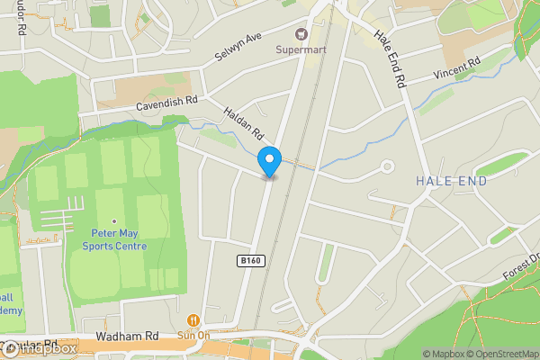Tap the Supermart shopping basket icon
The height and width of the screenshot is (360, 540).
click(301, 34)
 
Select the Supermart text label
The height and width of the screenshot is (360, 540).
click(301, 49)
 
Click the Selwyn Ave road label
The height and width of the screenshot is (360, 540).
click(238, 49)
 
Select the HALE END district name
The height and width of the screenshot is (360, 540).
click(452, 181)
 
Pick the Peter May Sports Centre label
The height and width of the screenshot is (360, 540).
click(113, 238)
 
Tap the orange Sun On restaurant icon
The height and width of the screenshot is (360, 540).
click(193, 319)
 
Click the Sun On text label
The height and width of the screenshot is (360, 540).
click(193, 335)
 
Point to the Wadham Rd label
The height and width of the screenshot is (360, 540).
click(127, 337)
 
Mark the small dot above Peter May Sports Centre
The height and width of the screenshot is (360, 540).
click(113, 220)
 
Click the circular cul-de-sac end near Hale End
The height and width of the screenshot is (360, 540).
click(388, 166)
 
